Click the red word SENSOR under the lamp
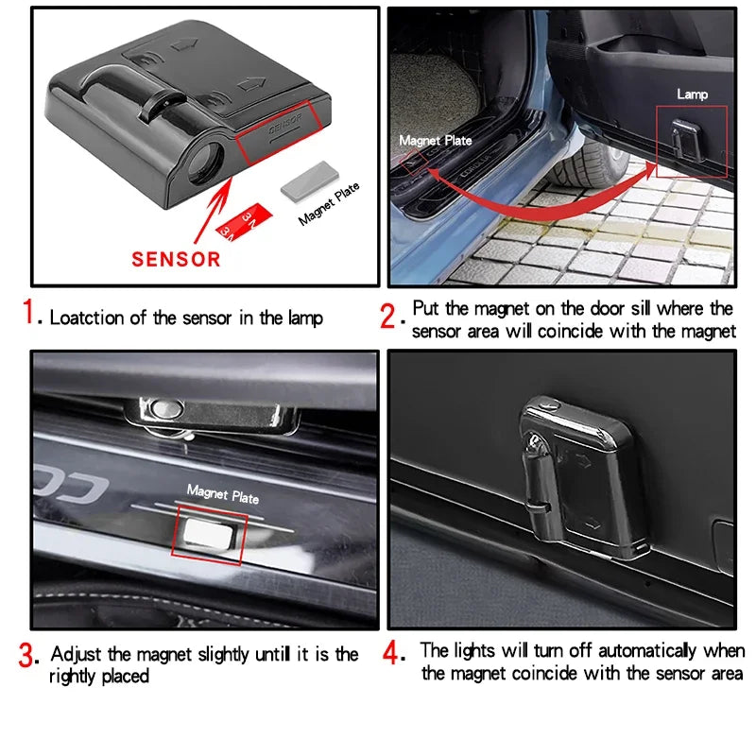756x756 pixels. (176, 258)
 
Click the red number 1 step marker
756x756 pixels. (32, 313)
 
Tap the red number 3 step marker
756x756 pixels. (27, 654)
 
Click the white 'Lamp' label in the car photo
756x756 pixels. (692, 94)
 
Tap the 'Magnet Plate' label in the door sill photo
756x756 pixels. (435, 141)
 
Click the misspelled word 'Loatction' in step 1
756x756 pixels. (89, 318)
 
